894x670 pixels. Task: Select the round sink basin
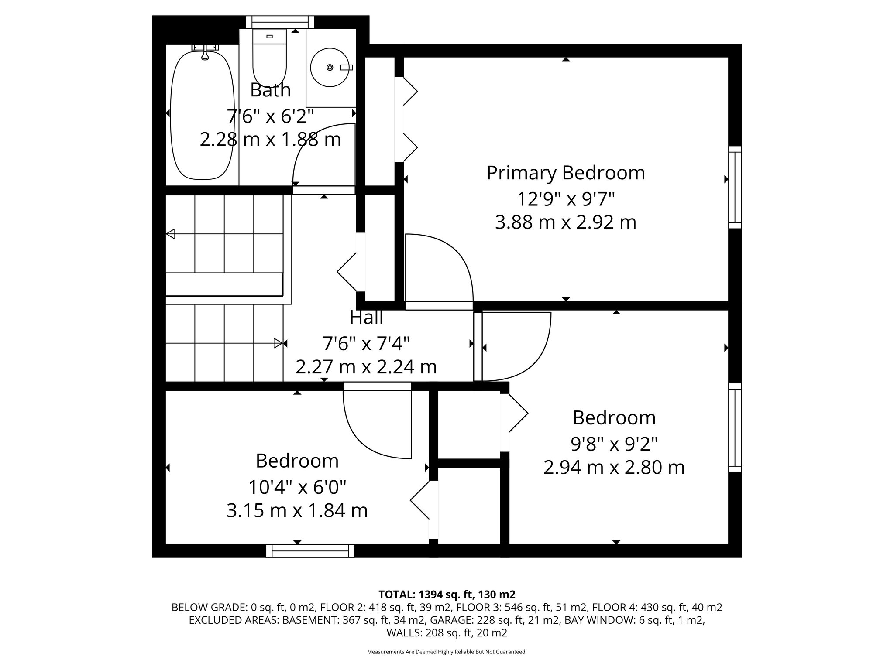(x=330, y=67)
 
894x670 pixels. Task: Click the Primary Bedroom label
(x=566, y=173)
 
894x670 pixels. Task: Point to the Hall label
(x=366, y=318)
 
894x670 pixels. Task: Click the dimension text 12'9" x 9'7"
(x=566, y=199)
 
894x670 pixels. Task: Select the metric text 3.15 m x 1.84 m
(x=297, y=510)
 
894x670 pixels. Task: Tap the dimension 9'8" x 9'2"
(x=614, y=444)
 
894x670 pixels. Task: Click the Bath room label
(x=270, y=90)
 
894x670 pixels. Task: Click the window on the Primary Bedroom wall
(x=735, y=187)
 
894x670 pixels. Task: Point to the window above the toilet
(x=280, y=22)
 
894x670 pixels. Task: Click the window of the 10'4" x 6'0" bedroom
(x=310, y=551)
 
